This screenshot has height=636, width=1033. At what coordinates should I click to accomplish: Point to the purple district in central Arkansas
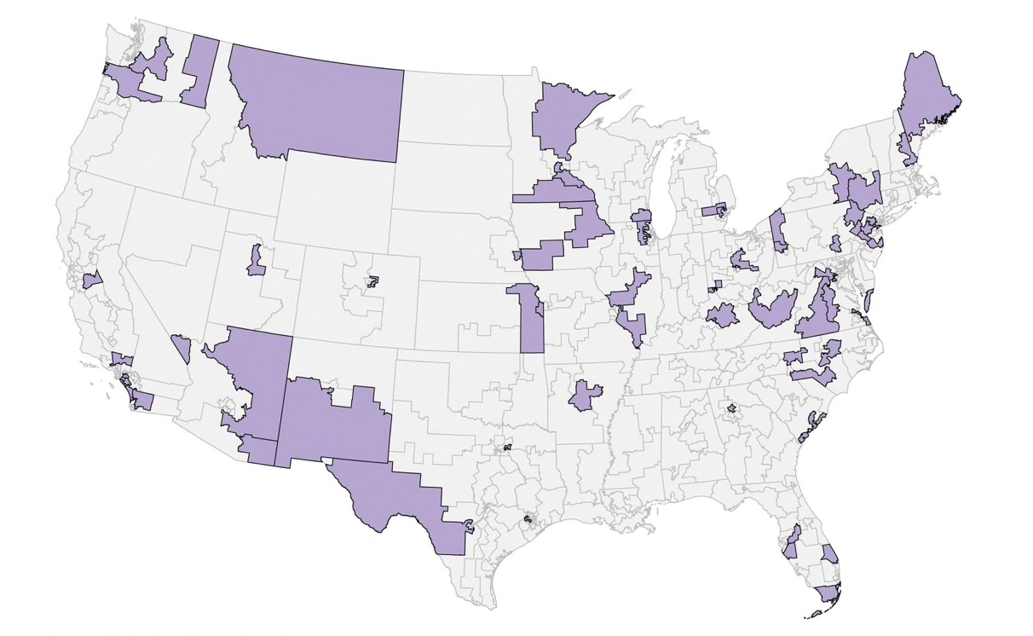(x=585, y=395)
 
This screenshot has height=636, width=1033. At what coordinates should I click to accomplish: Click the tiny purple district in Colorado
(x=372, y=280)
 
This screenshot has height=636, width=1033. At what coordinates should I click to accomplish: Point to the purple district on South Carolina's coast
(x=811, y=425)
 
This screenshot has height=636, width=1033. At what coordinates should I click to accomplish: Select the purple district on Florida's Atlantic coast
(x=829, y=554)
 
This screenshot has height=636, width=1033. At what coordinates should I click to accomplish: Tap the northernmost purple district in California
(x=92, y=280)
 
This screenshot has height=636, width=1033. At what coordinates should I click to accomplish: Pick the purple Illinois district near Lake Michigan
(x=643, y=226)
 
